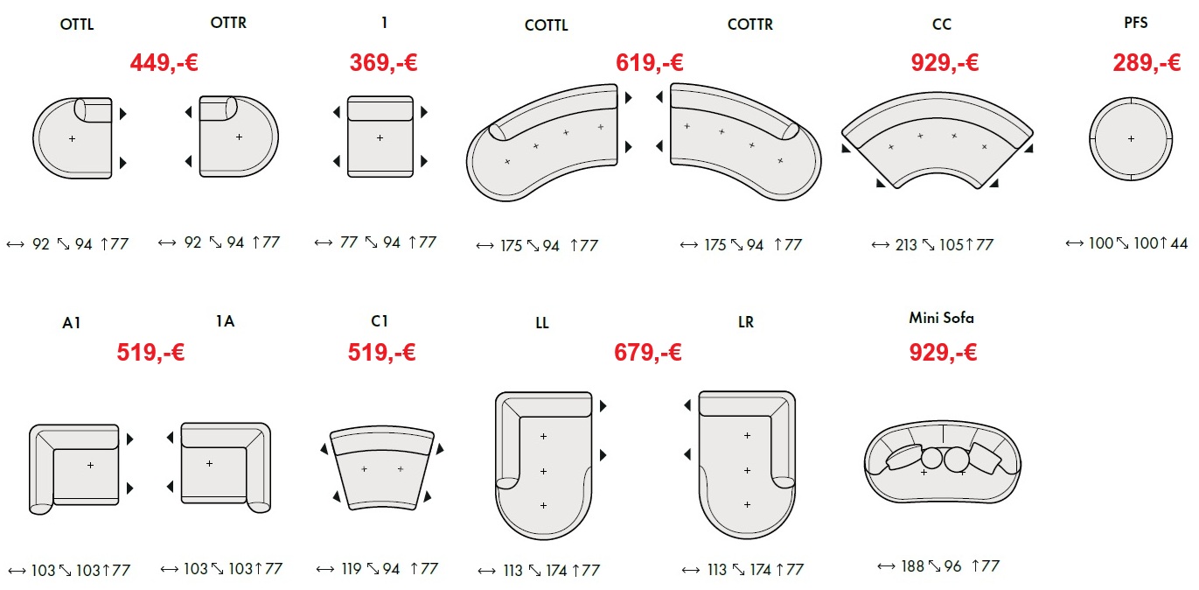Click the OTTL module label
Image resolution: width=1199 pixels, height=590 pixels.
point(77,25)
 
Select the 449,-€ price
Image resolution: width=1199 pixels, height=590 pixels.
point(164,63)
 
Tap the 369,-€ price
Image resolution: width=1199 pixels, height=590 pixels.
point(383,63)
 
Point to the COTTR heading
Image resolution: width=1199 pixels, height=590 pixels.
point(749,25)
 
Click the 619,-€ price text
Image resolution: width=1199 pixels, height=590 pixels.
point(649,63)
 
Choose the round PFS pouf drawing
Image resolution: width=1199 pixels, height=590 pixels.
point(1131,139)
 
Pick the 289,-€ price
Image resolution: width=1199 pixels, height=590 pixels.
point(1147,63)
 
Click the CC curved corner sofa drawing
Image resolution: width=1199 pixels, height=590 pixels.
point(938,140)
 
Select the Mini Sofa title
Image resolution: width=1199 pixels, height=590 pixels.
point(941,318)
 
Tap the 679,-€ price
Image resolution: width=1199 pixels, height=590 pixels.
point(648,353)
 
